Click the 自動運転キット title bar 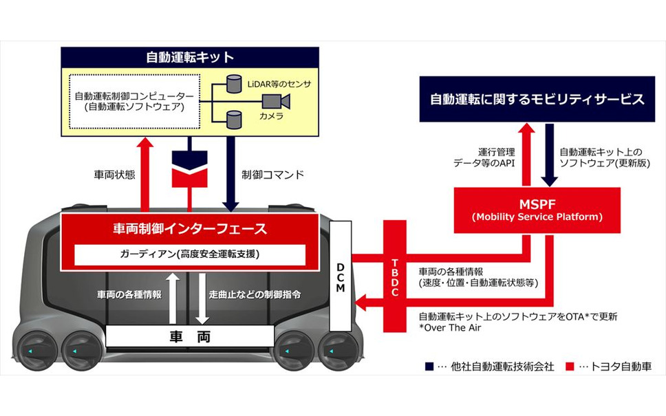coord(190,58)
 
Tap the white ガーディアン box coord(190,254)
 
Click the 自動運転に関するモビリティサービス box coord(537,100)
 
